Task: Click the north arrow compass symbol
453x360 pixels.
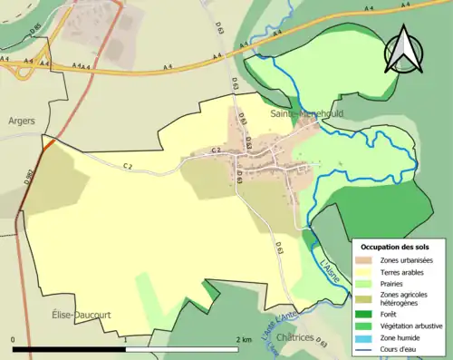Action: point(404,50)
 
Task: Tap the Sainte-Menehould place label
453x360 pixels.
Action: point(300,113)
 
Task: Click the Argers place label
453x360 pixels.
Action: point(21,120)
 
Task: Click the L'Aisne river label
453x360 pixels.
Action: point(333,274)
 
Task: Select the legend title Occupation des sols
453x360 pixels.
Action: point(395,247)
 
